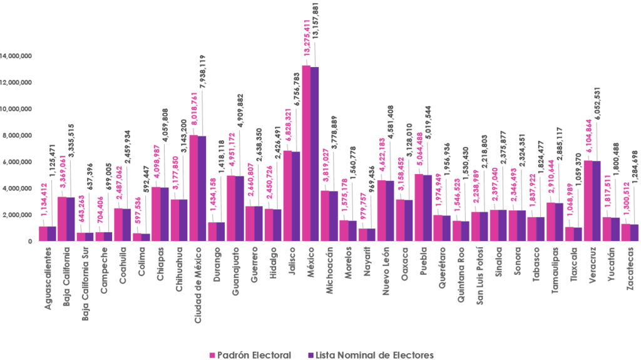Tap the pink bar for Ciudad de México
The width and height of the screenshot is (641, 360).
(194, 188)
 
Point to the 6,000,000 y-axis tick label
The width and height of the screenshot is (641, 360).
(19, 162)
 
